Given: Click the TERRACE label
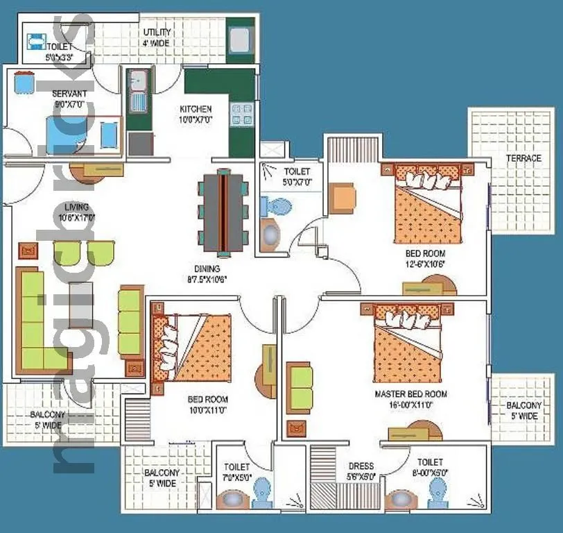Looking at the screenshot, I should tap(523, 158).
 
